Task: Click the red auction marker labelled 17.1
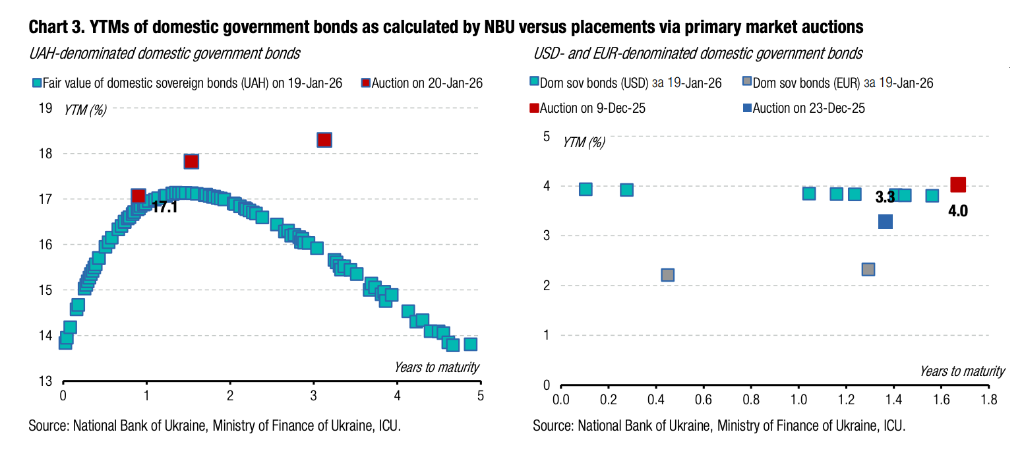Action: pos(138,196)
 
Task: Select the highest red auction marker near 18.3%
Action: pos(324,140)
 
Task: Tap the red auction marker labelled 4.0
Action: pos(958,185)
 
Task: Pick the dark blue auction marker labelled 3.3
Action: pos(886,222)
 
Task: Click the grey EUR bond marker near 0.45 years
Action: pos(667,274)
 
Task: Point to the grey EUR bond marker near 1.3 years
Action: pos(868,269)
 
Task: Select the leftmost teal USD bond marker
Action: pos(585,189)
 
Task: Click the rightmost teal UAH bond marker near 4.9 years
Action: pos(470,344)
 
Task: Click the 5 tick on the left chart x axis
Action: pos(481,396)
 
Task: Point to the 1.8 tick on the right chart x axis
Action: pos(988,400)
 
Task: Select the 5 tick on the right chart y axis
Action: pos(545,137)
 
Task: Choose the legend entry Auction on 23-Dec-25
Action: pos(808,108)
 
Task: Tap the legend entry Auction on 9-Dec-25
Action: pos(592,108)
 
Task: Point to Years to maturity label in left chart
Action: pos(436,367)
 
